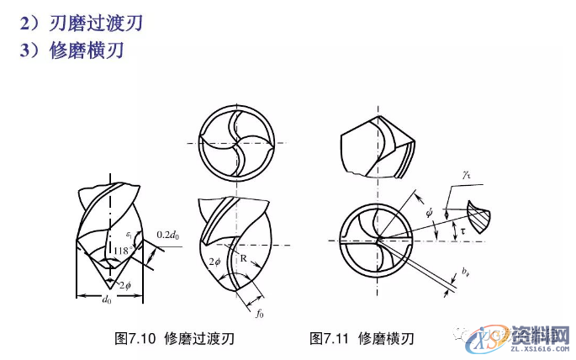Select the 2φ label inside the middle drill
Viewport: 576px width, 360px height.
(215, 262)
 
